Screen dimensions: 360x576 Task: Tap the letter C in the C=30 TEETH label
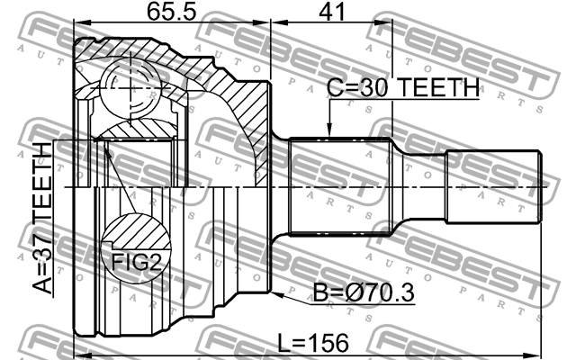(334, 88)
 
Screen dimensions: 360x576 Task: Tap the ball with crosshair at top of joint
(130, 87)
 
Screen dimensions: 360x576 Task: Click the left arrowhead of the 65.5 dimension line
(78, 25)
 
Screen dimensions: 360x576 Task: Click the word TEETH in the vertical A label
(42, 179)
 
